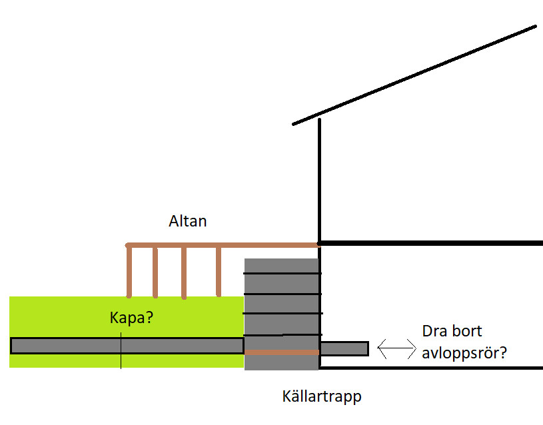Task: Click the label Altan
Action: tap(188, 221)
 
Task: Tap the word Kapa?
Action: tap(131, 318)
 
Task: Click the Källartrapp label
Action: tap(322, 398)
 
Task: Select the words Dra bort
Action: tap(452, 331)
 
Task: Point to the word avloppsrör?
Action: tap(464, 352)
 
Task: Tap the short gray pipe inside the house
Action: tap(344, 348)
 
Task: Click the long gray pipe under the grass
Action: tap(67, 346)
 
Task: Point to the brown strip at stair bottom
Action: tap(282, 352)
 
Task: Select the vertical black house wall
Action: tap(320, 180)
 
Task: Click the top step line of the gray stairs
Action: tap(282, 273)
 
